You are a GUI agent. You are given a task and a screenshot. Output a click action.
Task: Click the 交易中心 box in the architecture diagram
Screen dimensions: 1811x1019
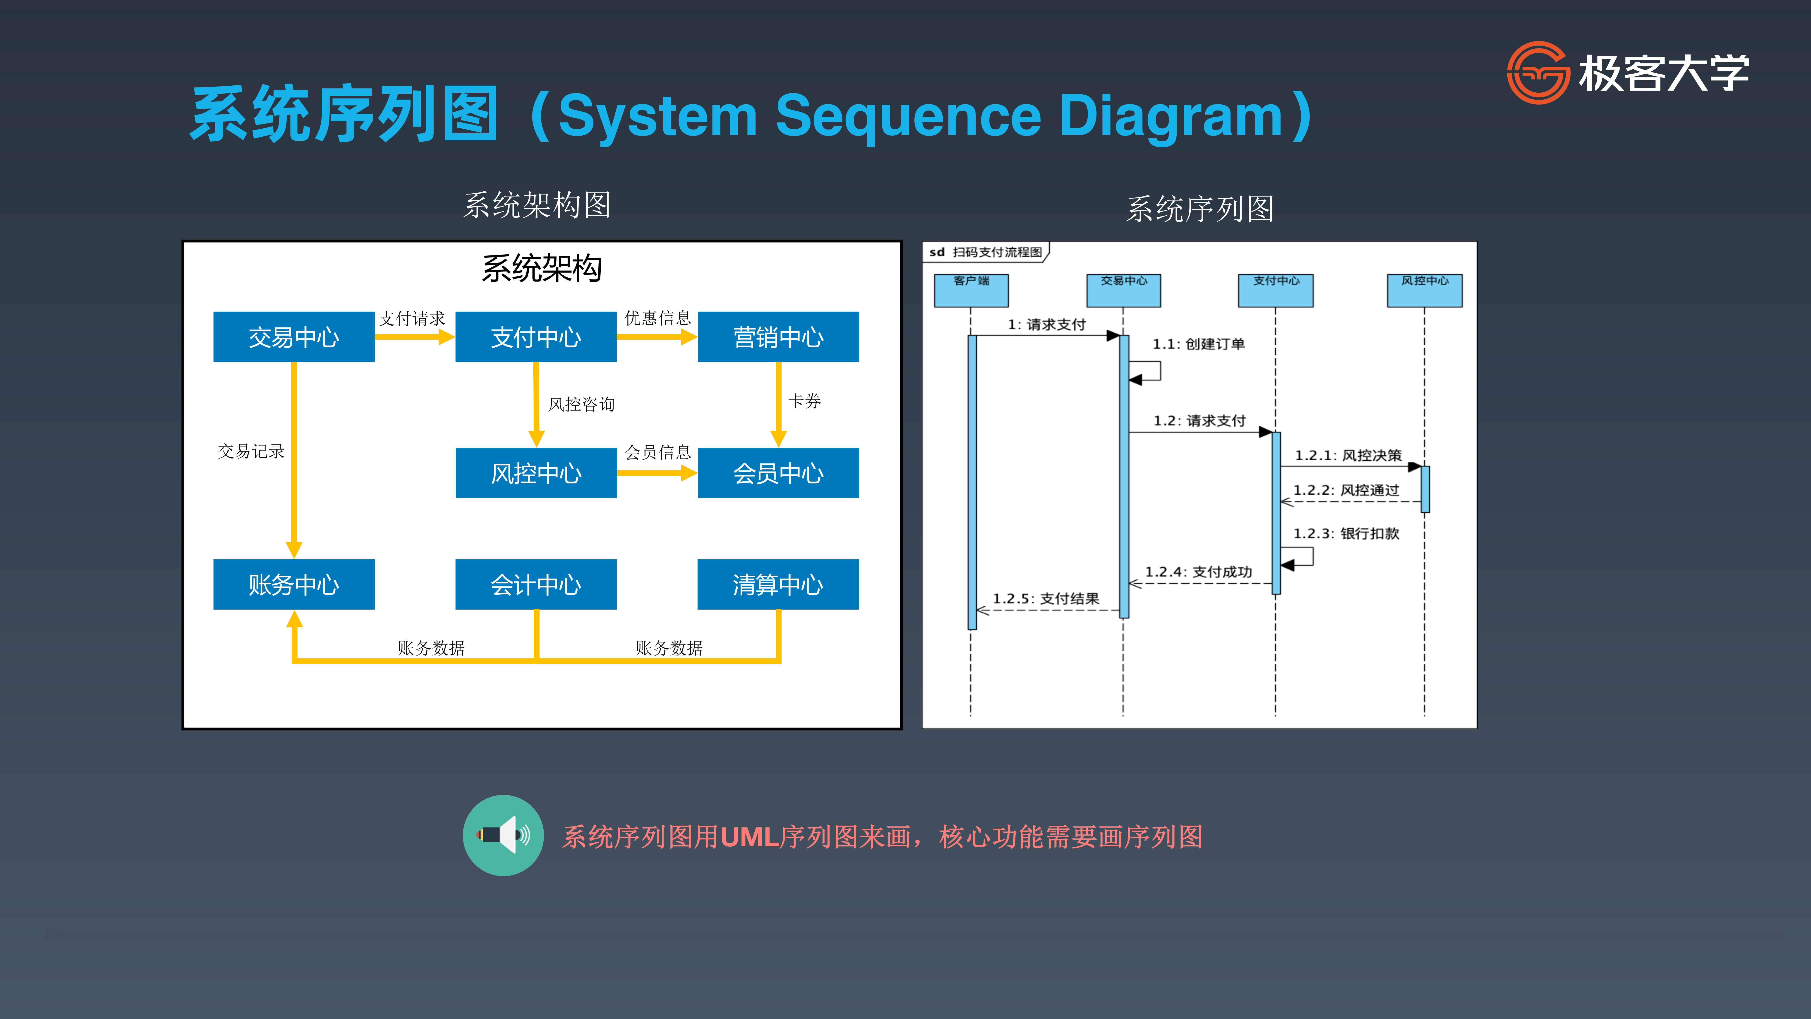pos(294,337)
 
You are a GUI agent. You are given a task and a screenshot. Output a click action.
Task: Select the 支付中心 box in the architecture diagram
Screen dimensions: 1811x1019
pos(536,337)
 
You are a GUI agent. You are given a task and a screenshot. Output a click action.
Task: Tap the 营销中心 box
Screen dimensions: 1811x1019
pos(778,337)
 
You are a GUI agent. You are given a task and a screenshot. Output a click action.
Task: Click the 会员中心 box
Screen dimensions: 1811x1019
pos(778,473)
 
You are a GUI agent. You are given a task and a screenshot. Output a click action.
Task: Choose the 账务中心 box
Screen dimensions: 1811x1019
pos(294,584)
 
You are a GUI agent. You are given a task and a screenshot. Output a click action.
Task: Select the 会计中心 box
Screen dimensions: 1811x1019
pos(536,584)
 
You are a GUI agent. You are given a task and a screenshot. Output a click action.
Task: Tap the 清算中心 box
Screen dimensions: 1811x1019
pos(778,584)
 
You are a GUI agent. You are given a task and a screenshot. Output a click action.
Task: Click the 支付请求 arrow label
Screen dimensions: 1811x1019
pos(412,319)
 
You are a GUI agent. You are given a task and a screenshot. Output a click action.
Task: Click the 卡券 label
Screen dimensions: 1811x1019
pos(804,401)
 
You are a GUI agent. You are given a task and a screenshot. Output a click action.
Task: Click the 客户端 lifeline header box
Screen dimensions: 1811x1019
pos(971,291)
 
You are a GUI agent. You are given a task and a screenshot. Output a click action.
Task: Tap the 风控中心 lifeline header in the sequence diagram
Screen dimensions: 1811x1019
pos(1424,291)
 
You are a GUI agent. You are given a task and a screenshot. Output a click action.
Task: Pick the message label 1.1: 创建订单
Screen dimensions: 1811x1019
pos(1199,344)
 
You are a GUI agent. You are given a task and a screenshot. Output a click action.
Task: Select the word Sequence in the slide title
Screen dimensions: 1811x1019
pos(908,116)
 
